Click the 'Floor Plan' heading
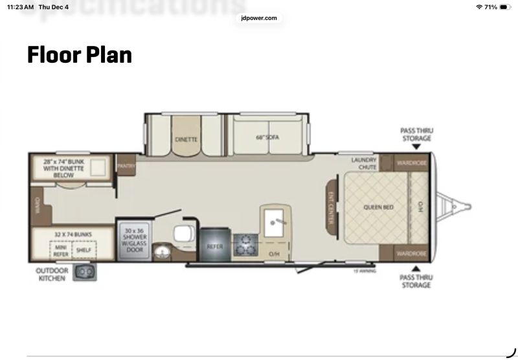[79, 55]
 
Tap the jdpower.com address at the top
[259, 18]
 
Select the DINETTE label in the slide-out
[186, 139]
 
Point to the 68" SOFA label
[262, 137]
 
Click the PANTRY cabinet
[126, 166]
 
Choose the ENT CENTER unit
[330, 209]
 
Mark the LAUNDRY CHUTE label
[363, 163]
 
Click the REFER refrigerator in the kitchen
[215, 246]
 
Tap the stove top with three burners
[246, 245]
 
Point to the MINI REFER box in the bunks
[61, 251]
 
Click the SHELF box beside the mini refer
[83, 251]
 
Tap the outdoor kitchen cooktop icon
[84, 273]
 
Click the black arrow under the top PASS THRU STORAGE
[416, 147]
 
